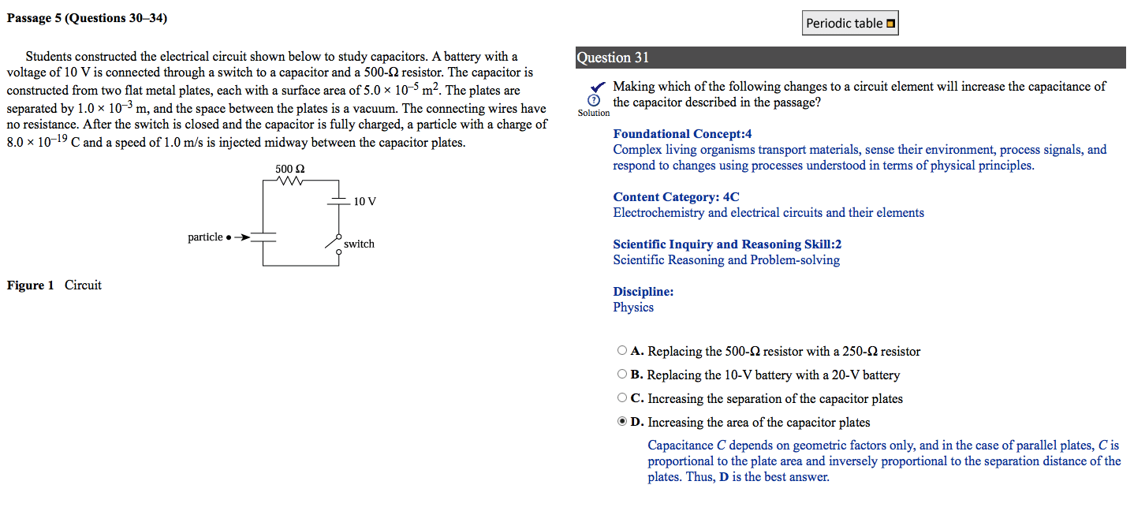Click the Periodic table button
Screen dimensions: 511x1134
tap(850, 24)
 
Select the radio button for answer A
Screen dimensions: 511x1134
tap(622, 351)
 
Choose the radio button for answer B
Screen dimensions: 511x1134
tap(622, 375)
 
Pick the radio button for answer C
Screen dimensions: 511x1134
tap(622, 398)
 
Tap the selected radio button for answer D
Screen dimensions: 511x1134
tap(622, 422)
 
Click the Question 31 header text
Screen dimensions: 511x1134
tap(613, 58)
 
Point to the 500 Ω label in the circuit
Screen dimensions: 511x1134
tap(289, 169)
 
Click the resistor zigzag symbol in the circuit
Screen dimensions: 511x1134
tap(289, 181)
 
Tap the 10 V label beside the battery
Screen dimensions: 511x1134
tap(364, 202)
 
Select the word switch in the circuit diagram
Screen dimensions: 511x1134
tap(359, 244)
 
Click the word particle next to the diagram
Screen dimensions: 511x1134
tap(205, 237)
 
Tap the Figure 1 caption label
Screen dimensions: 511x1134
tap(31, 285)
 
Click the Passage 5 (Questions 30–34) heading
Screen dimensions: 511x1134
tap(87, 18)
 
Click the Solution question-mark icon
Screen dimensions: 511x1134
tap(594, 102)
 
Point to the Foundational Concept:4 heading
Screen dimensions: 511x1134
tap(682, 134)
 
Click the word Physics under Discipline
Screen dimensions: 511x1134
tap(633, 308)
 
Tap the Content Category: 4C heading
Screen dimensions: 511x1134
tap(676, 197)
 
